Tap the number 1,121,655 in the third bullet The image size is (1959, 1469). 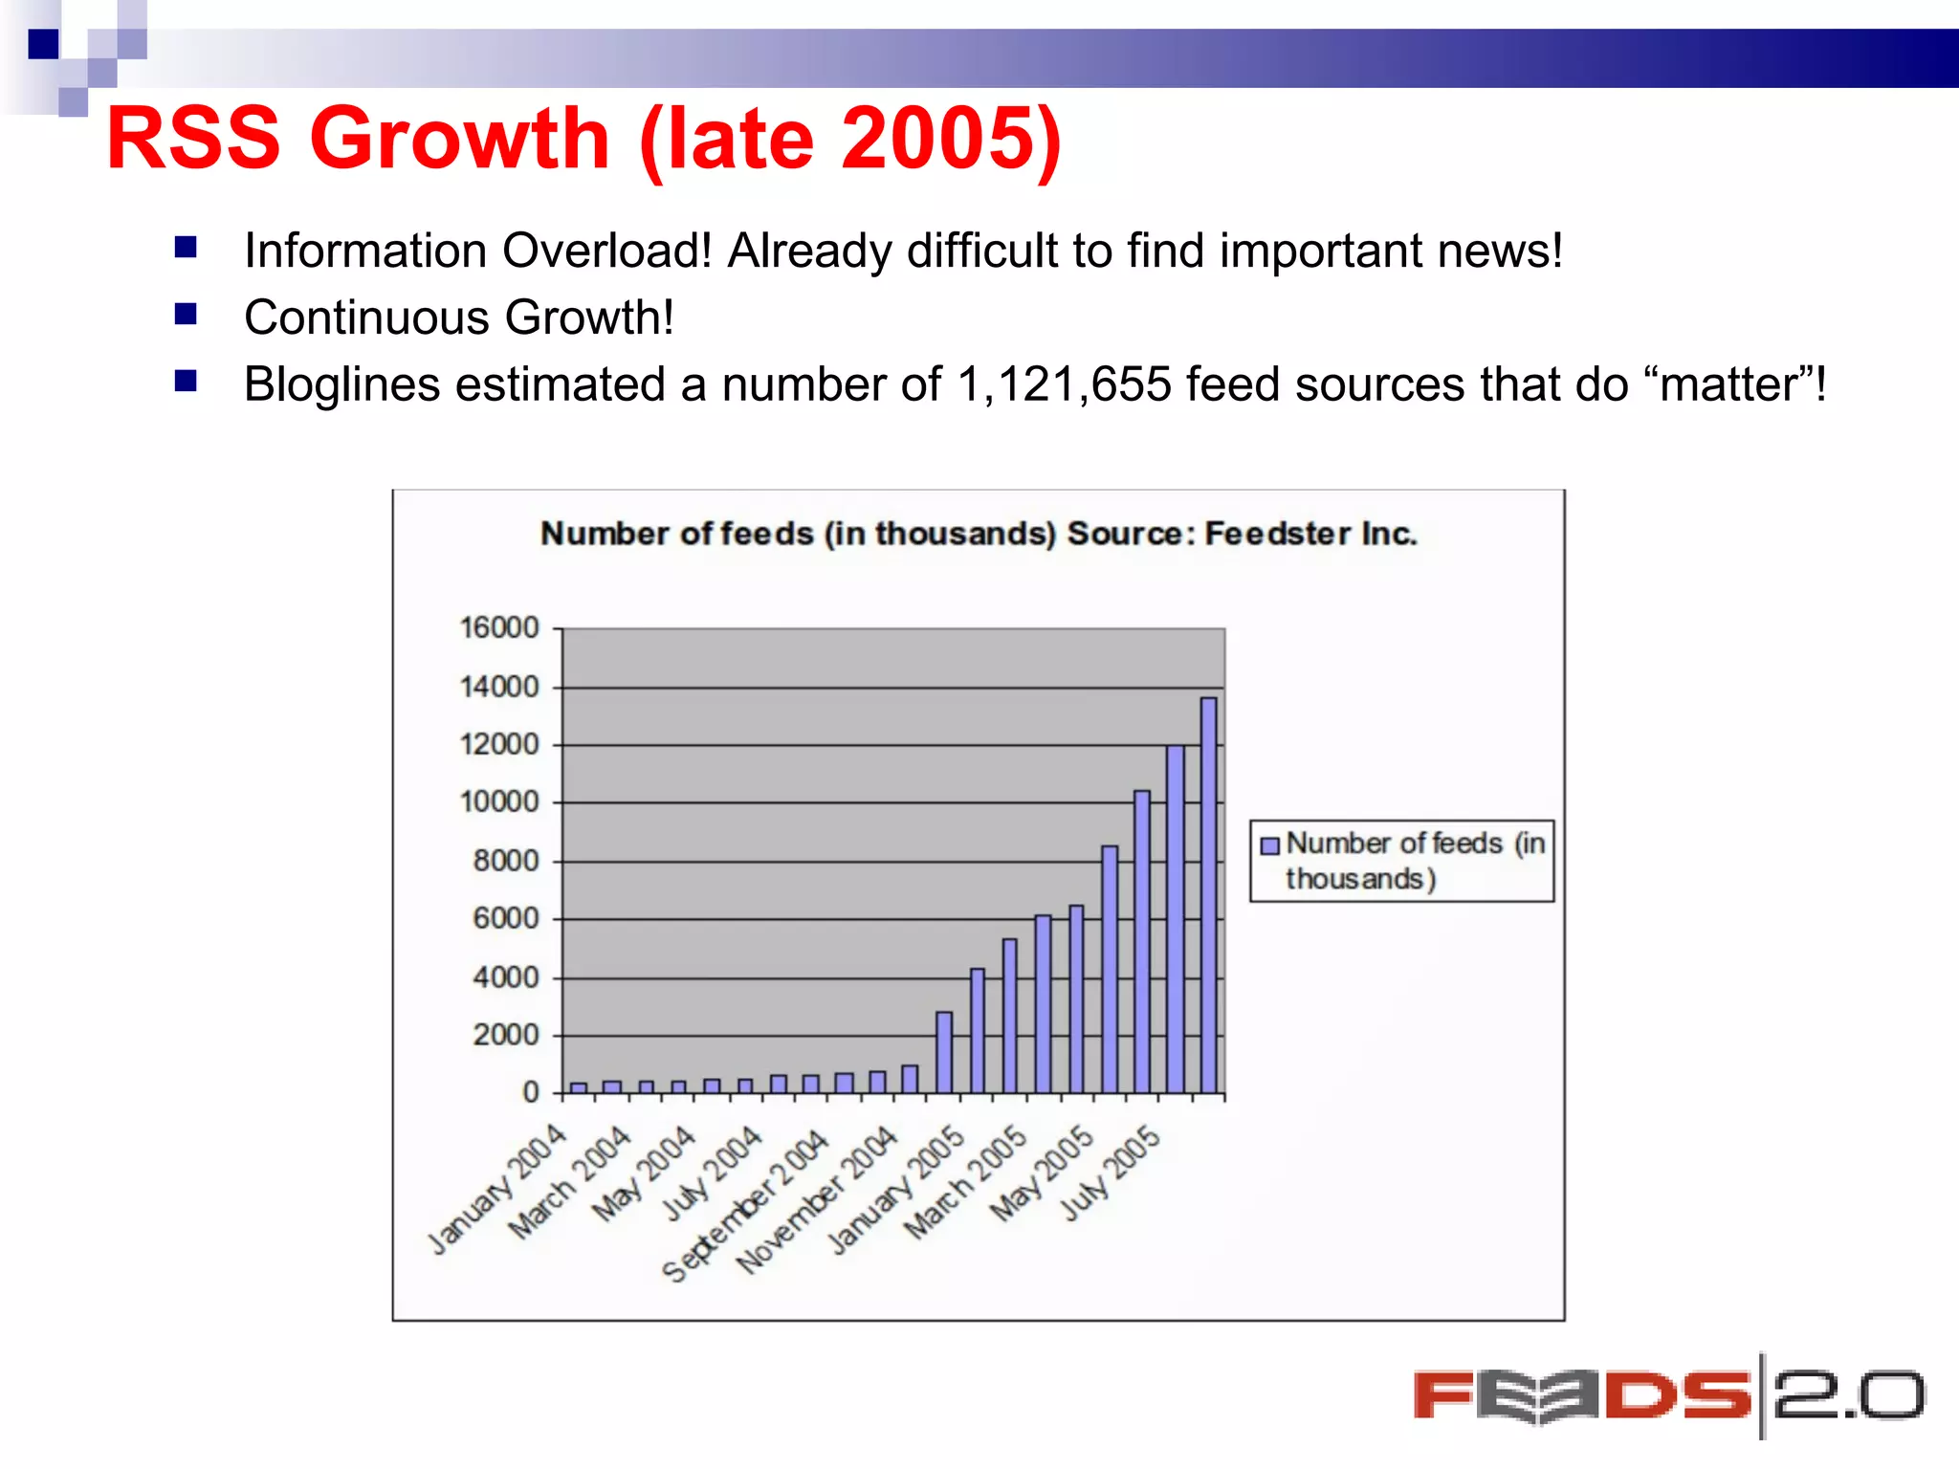tap(1064, 385)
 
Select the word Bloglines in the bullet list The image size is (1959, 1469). tap(341, 385)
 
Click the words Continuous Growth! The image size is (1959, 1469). tap(459, 318)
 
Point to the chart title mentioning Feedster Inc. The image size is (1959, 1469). tap(978, 534)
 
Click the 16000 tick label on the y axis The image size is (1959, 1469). tap(499, 628)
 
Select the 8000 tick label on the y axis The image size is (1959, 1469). tap(505, 861)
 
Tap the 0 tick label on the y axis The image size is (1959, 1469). tap(531, 1092)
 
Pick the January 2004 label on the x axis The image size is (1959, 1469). tap(497, 1189)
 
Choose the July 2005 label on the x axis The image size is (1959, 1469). tap(1111, 1173)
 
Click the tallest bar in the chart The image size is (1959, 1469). tap(1209, 894)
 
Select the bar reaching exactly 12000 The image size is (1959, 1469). tap(1176, 918)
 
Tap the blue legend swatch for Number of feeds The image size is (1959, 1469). tap(1270, 845)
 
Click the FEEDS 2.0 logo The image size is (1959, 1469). tap(1668, 1396)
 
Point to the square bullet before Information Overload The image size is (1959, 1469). tap(186, 249)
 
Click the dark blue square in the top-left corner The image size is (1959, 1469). tap(43, 44)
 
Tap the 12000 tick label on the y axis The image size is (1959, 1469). tap(499, 744)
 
